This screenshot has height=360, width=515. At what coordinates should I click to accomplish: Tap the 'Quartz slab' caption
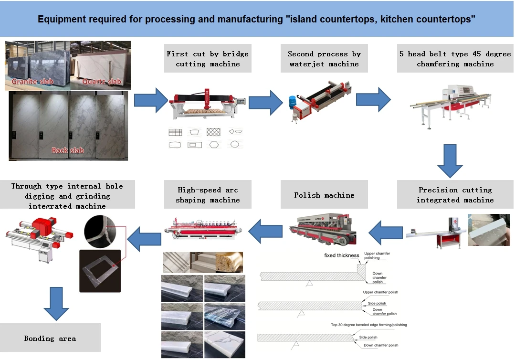pos(102,82)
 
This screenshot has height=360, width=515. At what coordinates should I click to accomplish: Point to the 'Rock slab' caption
pos(67,150)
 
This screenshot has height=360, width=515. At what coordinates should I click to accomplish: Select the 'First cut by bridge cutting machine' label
pos(208,59)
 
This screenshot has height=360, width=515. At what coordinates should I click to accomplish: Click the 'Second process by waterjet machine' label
pos(324,59)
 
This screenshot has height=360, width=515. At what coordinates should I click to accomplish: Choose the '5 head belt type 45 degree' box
pos(455,59)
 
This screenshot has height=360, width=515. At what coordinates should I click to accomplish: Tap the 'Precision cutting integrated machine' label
pos(455,195)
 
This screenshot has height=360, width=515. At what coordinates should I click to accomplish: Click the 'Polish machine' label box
pos(324,195)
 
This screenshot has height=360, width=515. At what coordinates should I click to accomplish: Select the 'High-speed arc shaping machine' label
pos(208,195)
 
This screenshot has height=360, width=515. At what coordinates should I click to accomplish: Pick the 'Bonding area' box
pos(50,338)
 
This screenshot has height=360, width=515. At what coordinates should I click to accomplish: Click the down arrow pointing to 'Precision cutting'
pos(450,161)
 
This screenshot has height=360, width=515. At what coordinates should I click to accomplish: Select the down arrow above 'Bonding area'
pos(56,304)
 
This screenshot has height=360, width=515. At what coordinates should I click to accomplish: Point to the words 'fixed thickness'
pos(341,255)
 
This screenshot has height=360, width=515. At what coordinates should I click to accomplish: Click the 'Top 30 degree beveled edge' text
pos(368,325)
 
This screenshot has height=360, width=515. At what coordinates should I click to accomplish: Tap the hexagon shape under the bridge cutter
pos(213,144)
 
